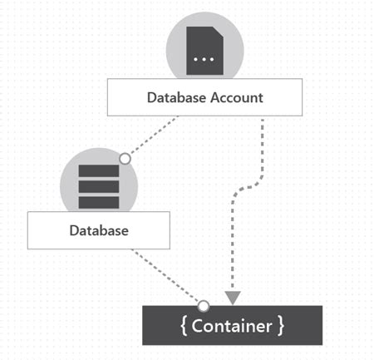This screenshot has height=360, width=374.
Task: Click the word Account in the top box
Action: [x=236, y=97]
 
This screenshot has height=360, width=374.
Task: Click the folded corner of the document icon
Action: [x=219, y=31]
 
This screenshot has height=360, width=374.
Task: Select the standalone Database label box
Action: [x=98, y=230]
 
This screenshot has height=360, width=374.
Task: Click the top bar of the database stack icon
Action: [x=98, y=171]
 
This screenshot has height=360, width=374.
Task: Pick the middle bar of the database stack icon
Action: [x=98, y=186]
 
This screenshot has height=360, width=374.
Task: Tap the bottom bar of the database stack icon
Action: [x=98, y=201]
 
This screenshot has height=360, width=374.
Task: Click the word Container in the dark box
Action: [x=232, y=326]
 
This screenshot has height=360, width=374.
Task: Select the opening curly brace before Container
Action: [x=185, y=326]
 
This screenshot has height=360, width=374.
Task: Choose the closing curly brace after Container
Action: [x=281, y=326]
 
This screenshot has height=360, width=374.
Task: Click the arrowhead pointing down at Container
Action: [x=233, y=297]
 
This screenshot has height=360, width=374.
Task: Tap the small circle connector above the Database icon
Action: [x=125, y=158]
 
